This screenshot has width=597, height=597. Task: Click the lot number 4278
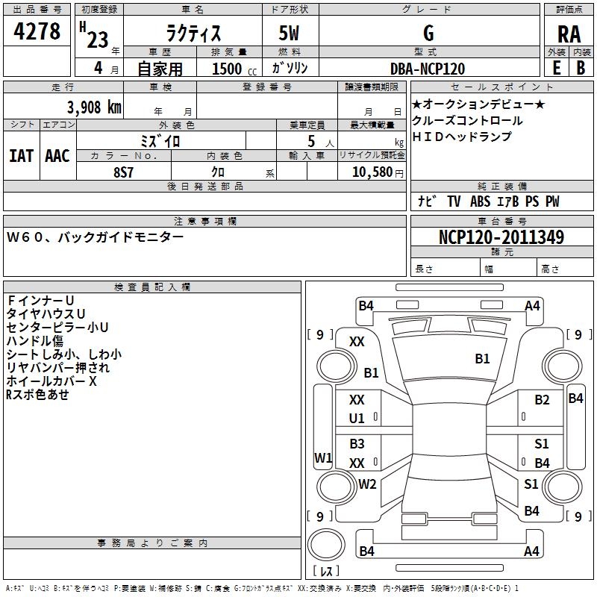[x=37, y=31]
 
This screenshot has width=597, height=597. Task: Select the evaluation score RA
[x=569, y=34]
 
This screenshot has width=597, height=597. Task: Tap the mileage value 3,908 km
[x=94, y=107]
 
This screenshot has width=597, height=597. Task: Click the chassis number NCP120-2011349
[x=501, y=237]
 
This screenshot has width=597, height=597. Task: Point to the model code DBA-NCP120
[x=428, y=69]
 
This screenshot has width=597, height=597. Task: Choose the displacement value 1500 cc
[x=234, y=69]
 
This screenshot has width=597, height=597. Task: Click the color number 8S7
[x=123, y=172]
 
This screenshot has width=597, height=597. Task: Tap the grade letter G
[x=428, y=33]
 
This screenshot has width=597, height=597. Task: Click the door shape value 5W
[x=289, y=33]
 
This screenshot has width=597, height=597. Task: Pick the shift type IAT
[x=21, y=156]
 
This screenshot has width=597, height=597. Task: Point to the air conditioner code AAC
[x=57, y=156]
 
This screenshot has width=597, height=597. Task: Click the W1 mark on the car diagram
[x=323, y=457]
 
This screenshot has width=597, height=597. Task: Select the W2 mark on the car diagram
[x=367, y=484]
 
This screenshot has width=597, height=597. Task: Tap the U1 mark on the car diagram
[x=357, y=419]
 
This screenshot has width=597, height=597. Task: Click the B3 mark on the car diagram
[x=357, y=443]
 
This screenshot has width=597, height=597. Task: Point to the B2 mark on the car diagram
[x=542, y=400]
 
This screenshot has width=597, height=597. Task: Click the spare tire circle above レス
[x=326, y=545]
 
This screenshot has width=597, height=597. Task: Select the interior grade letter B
[x=581, y=68]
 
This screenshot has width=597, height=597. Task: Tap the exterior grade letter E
[x=556, y=68]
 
